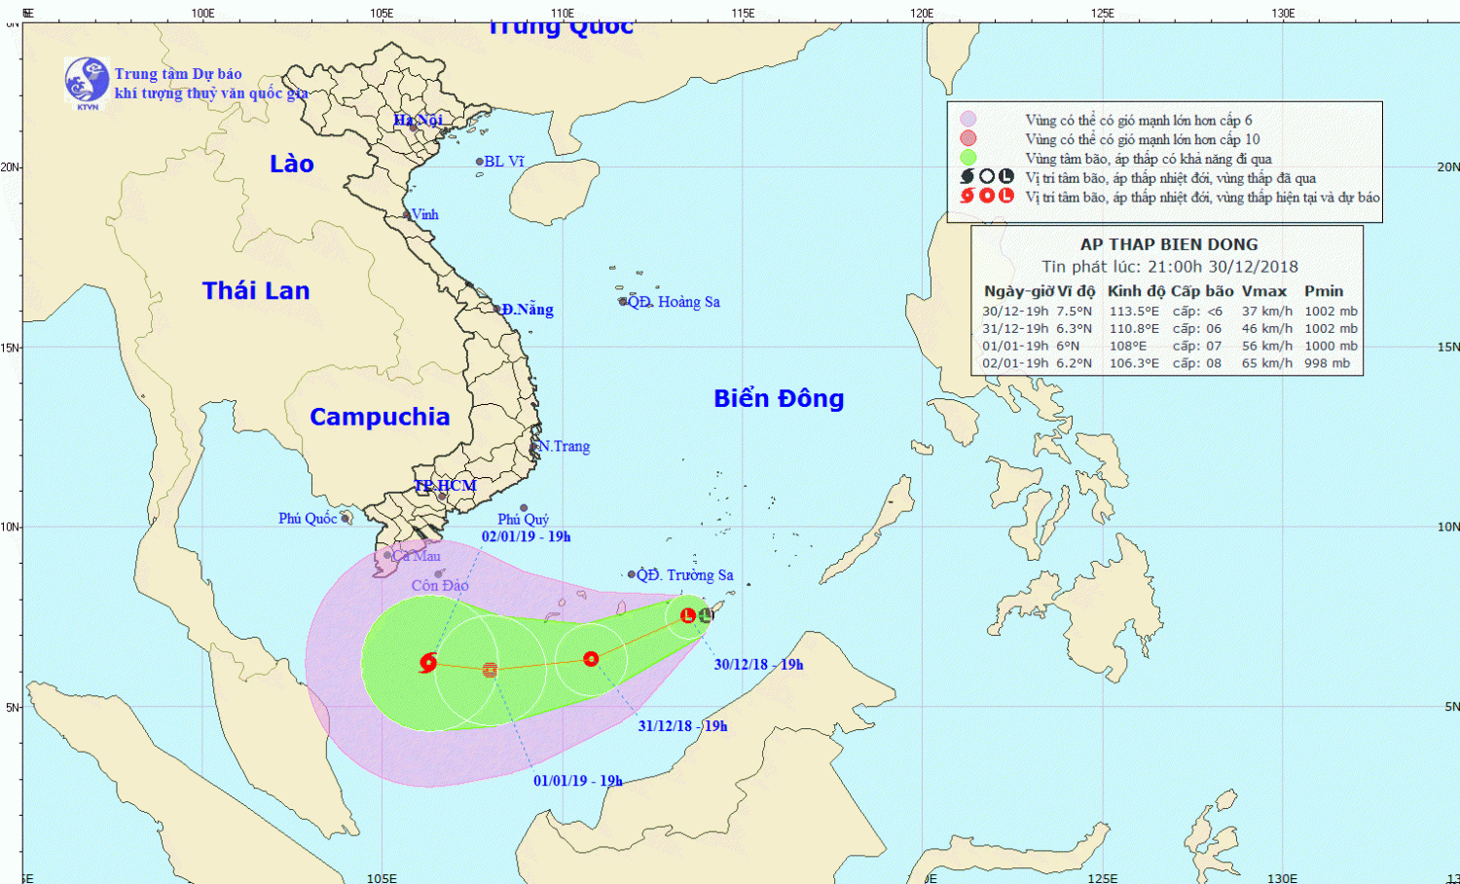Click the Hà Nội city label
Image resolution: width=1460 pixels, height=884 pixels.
click(418, 120)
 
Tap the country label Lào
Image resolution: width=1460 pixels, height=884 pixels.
click(292, 164)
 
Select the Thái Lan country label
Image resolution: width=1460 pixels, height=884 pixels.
click(256, 290)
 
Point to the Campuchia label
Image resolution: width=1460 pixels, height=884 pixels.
click(380, 417)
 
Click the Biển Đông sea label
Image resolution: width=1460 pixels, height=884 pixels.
click(779, 398)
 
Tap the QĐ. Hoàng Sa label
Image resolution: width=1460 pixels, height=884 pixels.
click(674, 302)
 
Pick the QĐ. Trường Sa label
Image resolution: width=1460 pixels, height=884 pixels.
click(684, 575)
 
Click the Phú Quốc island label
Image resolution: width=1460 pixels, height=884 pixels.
click(308, 518)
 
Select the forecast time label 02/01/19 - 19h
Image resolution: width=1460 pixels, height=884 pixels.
click(526, 536)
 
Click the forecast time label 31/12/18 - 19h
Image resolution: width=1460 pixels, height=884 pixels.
click(682, 726)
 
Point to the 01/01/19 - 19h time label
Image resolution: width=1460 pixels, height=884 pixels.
click(577, 781)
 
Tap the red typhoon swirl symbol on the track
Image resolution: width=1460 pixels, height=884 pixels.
click(427, 663)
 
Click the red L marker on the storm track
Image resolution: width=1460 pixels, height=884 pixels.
click(688, 615)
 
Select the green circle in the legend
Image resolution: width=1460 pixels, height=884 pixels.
click(967, 158)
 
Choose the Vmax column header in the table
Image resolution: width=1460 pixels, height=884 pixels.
click(1263, 291)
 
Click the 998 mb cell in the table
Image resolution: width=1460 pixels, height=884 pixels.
click(1327, 363)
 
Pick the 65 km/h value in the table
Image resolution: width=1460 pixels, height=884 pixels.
click(1266, 363)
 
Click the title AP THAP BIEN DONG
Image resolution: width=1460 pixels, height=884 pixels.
click(1168, 244)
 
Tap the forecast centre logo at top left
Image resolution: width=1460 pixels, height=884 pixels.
click(87, 81)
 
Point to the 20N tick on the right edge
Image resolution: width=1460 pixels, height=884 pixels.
click(1447, 167)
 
